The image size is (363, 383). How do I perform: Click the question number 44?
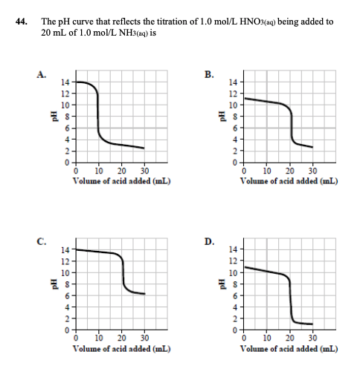pyautogui.click(x=22, y=22)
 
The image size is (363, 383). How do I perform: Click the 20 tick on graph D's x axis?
pyautogui.click(x=289, y=338)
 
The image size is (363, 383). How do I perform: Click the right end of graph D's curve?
pyautogui.click(x=312, y=324)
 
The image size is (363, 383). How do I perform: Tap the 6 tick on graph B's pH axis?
pyautogui.click(x=233, y=128)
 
